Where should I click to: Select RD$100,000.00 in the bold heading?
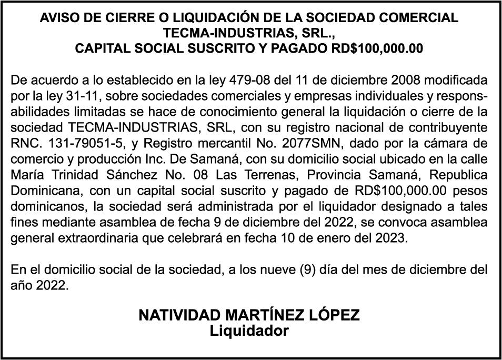377,49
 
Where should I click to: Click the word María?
27,174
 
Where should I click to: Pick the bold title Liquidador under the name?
249,331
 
